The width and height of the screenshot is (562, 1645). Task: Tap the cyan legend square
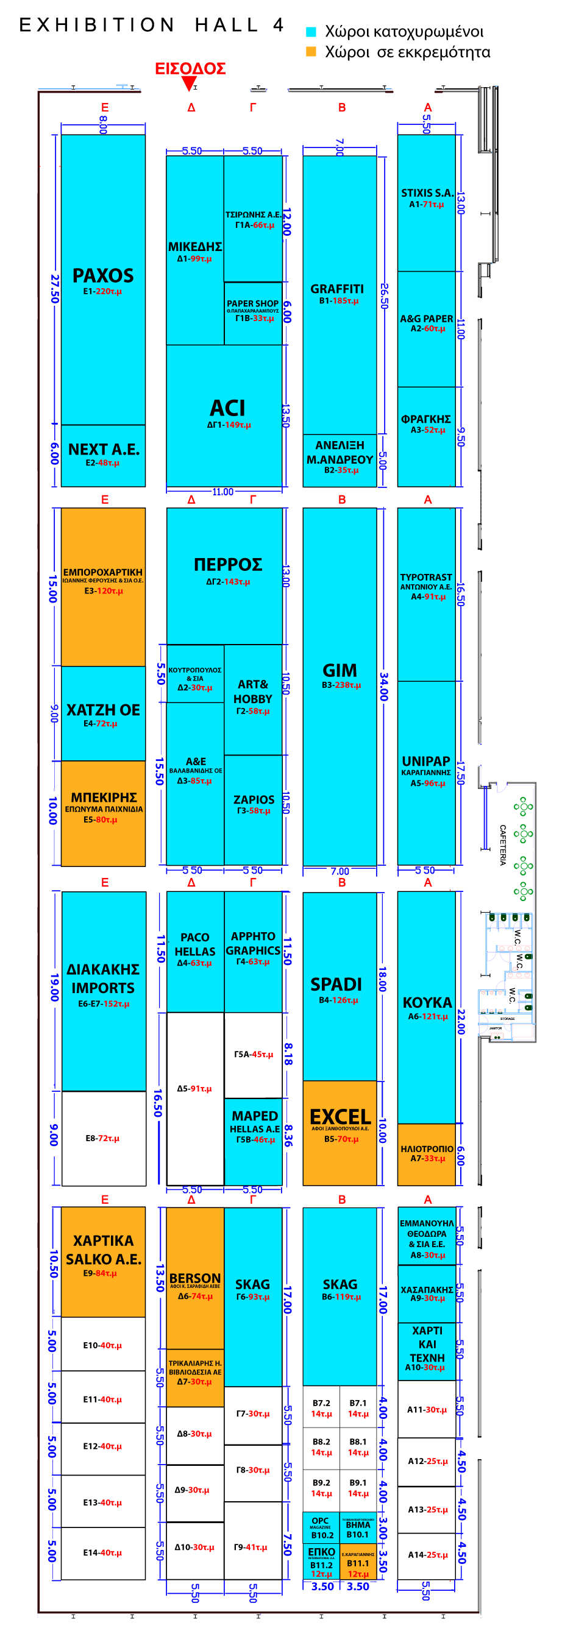click(311, 31)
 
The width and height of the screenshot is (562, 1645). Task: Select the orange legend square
click(311, 52)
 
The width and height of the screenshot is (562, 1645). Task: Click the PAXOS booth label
click(103, 276)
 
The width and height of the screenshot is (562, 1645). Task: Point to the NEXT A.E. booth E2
click(103, 455)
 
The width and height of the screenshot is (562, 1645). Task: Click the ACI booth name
click(227, 409)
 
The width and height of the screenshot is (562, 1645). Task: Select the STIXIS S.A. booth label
click(427, 194)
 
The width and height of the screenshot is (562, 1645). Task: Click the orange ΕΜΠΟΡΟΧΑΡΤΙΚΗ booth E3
click(103, 581)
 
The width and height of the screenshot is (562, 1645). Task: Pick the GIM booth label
click(340, 671)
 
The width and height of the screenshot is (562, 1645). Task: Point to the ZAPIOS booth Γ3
click(254, 804)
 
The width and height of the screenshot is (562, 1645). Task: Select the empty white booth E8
click(103, 1138)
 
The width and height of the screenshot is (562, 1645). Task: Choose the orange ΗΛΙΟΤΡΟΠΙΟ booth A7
click(427, 1153)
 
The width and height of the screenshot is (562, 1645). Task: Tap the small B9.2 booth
click(321, 1487)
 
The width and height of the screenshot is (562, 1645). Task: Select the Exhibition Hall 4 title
click(151, 25)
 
